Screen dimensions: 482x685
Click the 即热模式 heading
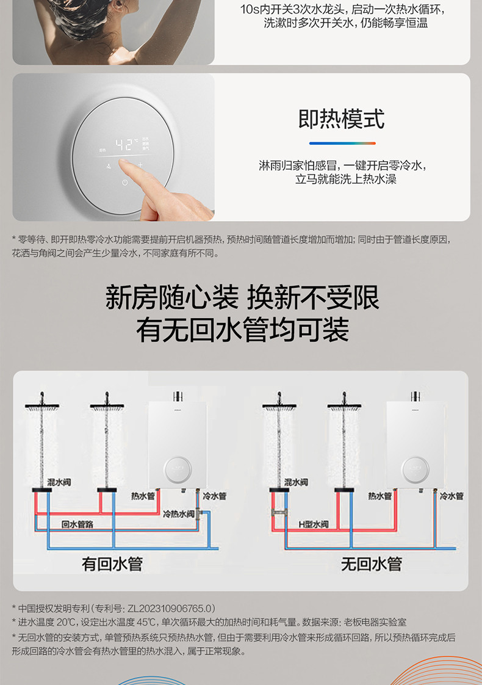coord(342,119)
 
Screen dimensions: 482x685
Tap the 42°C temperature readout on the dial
coord(127,145)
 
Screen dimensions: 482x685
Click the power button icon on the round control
coord(125,183)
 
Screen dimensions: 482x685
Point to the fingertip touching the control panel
coord(124,164)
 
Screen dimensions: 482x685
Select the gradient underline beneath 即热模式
coord(342,143)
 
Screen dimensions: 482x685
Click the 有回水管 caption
coord(112,564)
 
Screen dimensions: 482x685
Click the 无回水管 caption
coord(372,564)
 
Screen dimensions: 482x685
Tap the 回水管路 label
coord(77,524)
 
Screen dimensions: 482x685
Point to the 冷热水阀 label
coord(179,514)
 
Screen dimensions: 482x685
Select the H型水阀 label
coord(314,524)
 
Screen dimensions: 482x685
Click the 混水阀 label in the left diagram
coord(59,482)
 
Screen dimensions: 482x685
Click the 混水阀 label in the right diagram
coord(296,482)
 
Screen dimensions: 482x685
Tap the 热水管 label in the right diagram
coord(380,496)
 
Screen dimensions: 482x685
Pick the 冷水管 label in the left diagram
coord(214,496)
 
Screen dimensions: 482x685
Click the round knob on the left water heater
coord(178,469)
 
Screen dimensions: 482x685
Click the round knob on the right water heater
coord(415,469)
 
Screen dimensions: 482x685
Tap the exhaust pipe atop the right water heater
coord(415,396)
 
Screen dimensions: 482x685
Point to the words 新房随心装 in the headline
coord(172,297)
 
